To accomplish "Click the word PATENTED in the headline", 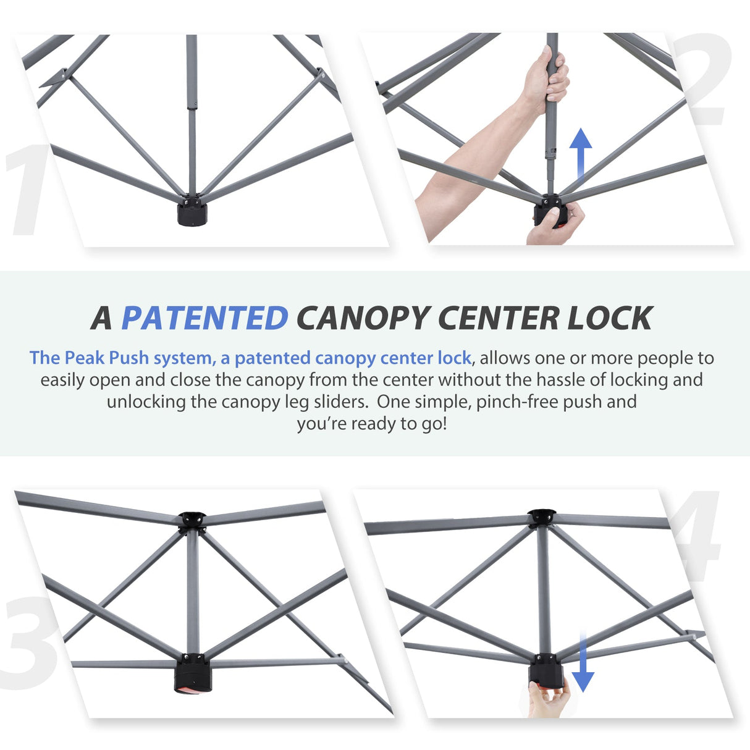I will tap(204, 318).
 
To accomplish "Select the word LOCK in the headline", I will tap(609, 318).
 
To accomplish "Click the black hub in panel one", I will tap(192, 211).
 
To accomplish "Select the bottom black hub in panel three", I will tap(193, 673).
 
